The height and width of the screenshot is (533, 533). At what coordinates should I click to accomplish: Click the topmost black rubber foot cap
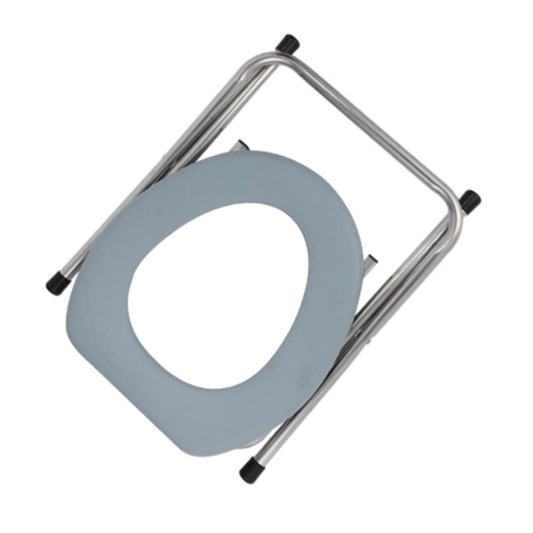288,42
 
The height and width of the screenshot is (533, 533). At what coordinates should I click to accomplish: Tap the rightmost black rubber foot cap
470,201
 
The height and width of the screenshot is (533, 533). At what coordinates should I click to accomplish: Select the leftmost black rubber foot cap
57,284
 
